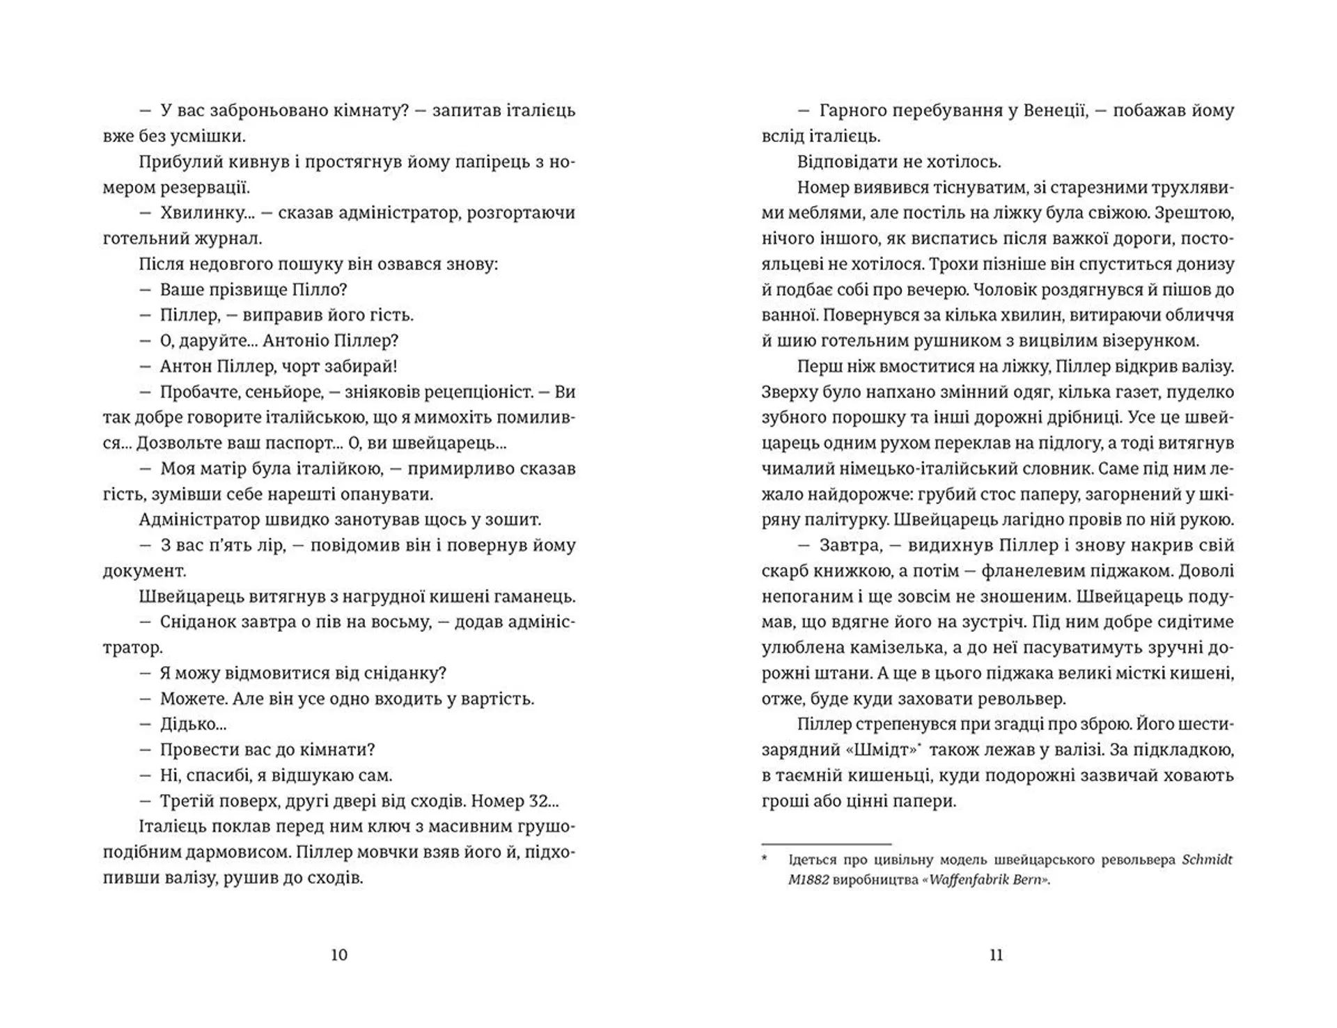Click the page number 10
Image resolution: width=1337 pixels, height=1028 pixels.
pos(338,955)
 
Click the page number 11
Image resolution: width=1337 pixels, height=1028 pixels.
pos(996,955)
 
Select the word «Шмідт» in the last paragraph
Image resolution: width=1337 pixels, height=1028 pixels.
pos(885,750)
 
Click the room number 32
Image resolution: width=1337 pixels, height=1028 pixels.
pos(538,801)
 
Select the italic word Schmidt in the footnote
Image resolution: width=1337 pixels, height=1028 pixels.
pos(1207,860)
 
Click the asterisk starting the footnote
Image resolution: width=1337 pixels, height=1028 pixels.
pos(765,860)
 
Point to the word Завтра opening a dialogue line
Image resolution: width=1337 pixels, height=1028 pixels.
pos(850,546)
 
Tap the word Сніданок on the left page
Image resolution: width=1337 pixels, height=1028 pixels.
pos(198,622)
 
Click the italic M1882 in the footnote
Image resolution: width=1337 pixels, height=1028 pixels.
pos(808,880)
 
